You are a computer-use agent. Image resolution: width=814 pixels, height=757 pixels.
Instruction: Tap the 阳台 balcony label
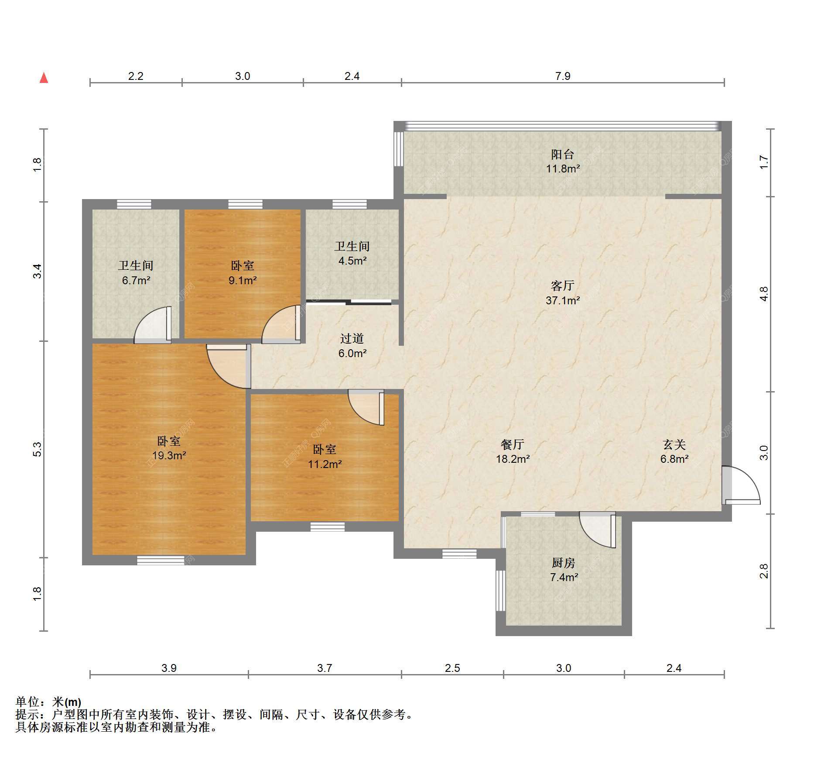pyautogui.click(x=562, y=154)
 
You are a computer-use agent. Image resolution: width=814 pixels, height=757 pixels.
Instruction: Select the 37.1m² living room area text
pyautogui.click(x=563, y=300)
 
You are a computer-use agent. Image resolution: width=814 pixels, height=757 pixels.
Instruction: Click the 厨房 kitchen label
pyautogui.click(x=564, y=563)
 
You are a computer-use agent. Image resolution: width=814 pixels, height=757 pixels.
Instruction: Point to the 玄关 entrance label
pyautogui.click(x=674, y=444)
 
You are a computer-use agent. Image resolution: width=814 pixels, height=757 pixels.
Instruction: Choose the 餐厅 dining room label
pyautogui.click(x=513, y=444)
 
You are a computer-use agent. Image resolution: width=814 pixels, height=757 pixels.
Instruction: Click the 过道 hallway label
pyautogui.click(x=352, y=338)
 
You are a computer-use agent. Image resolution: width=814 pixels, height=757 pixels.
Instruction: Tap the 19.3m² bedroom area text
pyautogui.click(x=169, y=456)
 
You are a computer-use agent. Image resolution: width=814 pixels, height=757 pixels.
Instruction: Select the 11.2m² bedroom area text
pyautogui.click(x=325, y=464)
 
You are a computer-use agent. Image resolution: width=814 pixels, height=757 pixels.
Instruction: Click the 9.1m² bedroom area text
pyautogui.click(x=243, y=280)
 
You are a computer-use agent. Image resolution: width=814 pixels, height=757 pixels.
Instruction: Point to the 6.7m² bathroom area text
pyautogui.click(x=136, y=280)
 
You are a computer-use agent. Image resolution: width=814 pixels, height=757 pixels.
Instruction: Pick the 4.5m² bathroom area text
pyautogui.click(x=352, y=261)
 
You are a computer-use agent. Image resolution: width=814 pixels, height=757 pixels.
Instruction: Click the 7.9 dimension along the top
pyautogui.click(x=563, y=76)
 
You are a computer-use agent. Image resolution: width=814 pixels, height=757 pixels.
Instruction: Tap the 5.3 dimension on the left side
pyautogui.click(x=38, y=449)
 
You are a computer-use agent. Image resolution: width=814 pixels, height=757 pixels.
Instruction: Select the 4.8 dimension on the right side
pyautogui.click(x=763, y=294)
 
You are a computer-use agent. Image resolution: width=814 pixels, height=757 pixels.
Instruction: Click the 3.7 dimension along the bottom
pyautogui.click(x=325, y=668)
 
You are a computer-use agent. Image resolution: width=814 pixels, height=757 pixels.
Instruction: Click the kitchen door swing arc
pyautogui.click(x=597, y=529)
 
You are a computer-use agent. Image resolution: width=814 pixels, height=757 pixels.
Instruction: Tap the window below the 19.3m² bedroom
pyautogui.click(x=161, y=560)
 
